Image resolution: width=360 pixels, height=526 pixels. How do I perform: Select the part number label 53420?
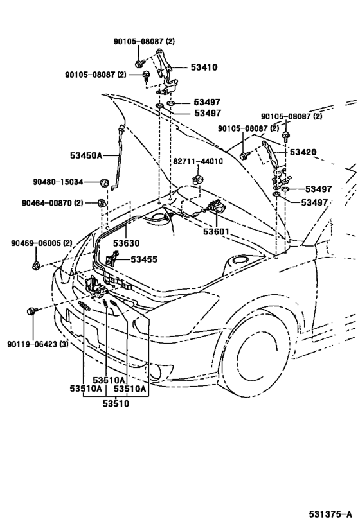pyautogui.click(x=303, y=152)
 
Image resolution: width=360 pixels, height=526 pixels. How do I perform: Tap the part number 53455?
pyautogui.click(x=144, y=259)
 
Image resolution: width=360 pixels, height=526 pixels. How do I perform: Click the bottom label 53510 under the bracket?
pyautogui.click(x=115, y=404)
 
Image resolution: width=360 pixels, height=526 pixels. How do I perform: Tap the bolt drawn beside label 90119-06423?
pyautogui.click(x=31, y=312)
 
